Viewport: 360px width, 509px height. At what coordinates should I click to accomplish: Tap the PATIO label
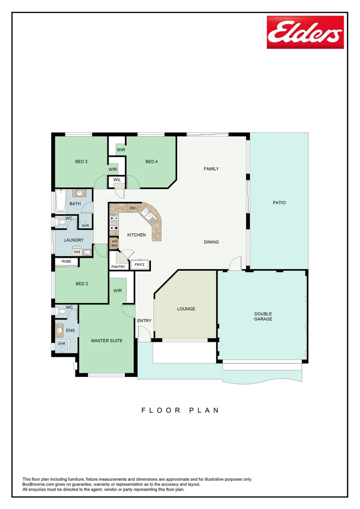point(279,203)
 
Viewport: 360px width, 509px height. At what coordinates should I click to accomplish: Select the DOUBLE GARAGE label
point(263,316)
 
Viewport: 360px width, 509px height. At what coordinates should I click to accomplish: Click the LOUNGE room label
point(186,309)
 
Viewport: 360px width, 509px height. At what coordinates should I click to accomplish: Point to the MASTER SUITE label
point(106,340)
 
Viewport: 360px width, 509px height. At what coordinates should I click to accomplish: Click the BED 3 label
point(82,162)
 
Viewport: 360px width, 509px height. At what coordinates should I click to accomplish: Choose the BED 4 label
point(151,162)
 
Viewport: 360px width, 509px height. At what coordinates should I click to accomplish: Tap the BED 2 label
point(82,284)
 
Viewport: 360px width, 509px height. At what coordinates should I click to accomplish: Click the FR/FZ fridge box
point(139,265)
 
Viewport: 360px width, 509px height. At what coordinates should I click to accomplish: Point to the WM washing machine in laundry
point(76,252)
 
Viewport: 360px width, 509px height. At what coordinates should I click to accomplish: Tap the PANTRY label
point(118,267)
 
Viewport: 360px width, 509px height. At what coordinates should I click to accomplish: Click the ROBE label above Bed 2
point(66,261)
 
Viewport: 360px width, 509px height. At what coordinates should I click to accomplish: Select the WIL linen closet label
point(117,180)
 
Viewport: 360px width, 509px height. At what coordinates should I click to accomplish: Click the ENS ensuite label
point(70,331)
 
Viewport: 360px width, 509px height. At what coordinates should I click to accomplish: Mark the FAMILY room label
point(211,169)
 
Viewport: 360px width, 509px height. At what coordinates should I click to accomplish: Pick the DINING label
point(211,242)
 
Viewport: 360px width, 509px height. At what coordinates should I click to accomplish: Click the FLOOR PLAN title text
point(180,410)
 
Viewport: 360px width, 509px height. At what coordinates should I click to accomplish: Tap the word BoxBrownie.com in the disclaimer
point(40,484)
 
